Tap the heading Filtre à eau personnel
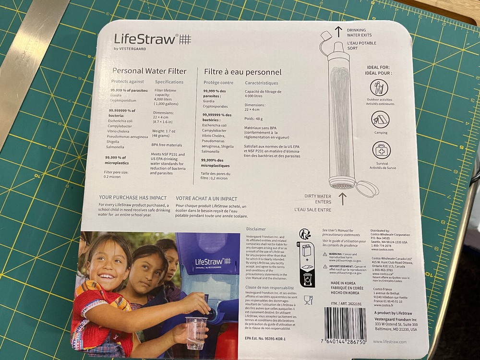tap(242, 72)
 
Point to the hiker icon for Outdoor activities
tap(379, 87)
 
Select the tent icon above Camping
tap(380, 119)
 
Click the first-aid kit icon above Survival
tap(381, 150)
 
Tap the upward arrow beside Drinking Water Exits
tap(338, 32)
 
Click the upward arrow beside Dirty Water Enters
tap(342, 198)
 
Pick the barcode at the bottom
tap(345, 324)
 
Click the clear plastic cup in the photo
tap(195, 331)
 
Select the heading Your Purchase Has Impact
tap(132, 198)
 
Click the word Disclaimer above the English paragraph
tap(256, 229)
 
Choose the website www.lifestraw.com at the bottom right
tap(389, 342)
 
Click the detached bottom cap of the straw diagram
tap(367, 188)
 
